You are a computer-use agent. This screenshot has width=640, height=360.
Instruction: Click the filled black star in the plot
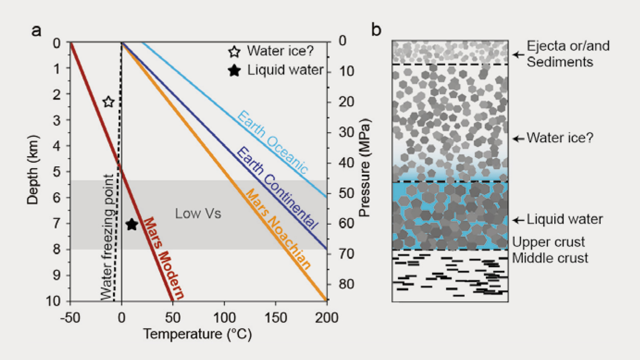tap(132, 224)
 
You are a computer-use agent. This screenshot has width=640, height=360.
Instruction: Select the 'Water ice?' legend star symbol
tap(234, 52)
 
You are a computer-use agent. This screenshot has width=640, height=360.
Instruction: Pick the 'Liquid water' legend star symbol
tap(234, 70)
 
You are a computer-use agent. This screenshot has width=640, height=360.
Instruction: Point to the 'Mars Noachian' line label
tap(278, 229)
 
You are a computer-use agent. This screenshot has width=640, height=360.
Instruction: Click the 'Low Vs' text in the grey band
tap(198, 214)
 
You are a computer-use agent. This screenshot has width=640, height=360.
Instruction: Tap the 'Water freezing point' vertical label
tap(107, 237)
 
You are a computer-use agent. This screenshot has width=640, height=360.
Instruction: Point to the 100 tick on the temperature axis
tap(224, 318)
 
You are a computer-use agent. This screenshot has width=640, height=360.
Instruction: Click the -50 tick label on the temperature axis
tap(70, 318)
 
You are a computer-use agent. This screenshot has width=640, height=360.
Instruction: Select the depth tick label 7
tap(57, 223)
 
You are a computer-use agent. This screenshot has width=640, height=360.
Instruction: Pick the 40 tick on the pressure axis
tap(346, 163)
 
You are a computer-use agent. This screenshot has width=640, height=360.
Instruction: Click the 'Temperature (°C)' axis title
tap(197, 334)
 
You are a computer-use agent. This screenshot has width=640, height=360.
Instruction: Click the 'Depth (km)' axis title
tap(33, 170)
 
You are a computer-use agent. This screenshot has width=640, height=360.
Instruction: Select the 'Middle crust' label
tap(550, 258)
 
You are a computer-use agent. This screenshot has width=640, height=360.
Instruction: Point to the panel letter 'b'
tap(376, 30)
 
